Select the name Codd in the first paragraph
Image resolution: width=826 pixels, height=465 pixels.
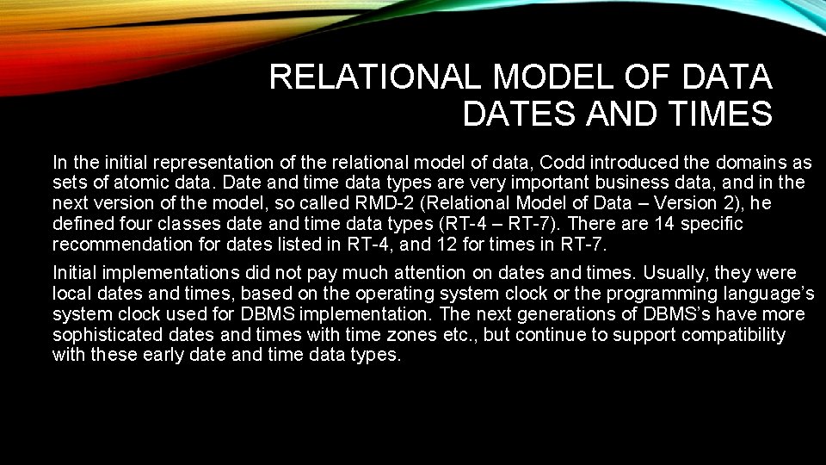point(558,162)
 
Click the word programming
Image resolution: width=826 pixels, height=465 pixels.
point(654,294)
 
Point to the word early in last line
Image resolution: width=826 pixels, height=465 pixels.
point(164,355)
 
